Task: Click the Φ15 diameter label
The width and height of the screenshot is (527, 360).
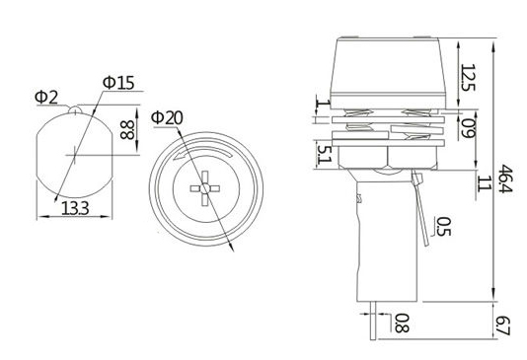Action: pos(118,83)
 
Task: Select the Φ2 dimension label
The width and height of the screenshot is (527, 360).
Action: pos(46,98)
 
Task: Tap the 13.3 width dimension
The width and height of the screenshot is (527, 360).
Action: pos(75,208)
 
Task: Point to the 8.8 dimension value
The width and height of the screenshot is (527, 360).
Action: pos(127,130)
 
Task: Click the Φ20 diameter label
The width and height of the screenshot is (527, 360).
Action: pos(167,117)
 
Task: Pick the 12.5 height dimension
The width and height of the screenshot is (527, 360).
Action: pos(468,78)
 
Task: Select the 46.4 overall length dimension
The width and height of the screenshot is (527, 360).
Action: pos(505,179)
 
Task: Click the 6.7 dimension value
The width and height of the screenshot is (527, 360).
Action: pos(503,325)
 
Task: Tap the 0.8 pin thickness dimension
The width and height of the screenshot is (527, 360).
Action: pos(402,324)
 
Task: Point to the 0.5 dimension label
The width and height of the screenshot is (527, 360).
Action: pos(444,227)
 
